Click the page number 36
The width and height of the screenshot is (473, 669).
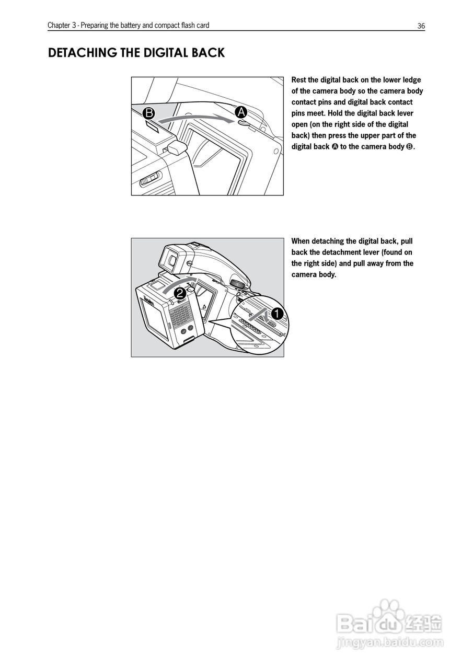(x=421, y=26)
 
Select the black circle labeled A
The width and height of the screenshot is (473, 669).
(x=241, y=112)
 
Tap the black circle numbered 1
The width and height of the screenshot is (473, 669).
(x=276, y=314)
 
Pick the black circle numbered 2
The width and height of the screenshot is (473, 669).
(x=179, y=293)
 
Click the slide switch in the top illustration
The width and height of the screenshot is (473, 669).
(x=149, y=180)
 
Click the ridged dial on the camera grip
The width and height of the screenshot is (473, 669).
(x=237, y=283)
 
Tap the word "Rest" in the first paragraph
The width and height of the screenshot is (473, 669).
(x=298, y=80)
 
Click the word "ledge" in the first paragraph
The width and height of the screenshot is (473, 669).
(x=411, y=80)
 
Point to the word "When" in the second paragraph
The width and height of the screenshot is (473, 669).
(x=301, y=241)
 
